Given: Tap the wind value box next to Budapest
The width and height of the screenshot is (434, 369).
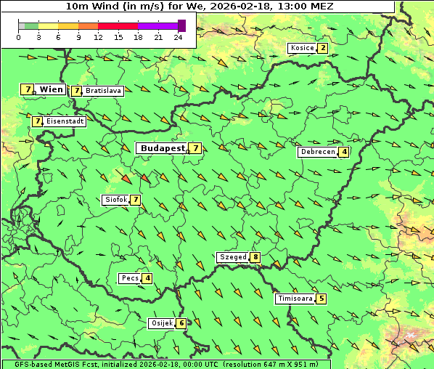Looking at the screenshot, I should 195,148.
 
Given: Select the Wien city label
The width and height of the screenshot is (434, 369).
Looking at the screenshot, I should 51,89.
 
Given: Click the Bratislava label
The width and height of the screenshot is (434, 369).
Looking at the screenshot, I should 102,91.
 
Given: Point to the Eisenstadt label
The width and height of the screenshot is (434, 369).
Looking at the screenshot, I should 65,121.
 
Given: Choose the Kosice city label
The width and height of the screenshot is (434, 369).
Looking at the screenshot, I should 302,48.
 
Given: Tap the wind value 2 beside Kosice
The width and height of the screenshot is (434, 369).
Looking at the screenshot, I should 322,48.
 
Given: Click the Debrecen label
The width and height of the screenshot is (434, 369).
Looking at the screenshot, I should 317,152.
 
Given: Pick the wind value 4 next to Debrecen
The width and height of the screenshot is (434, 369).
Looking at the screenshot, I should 344,152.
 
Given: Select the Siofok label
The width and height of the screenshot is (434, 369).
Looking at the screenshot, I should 116,200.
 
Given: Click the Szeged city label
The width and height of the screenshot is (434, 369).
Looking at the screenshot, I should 233,257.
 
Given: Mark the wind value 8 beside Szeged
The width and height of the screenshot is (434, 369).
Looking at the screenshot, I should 255,257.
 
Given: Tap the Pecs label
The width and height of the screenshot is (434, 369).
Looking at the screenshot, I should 131,278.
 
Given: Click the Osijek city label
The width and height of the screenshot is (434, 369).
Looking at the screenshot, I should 161,323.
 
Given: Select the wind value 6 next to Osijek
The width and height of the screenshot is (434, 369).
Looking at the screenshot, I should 181,323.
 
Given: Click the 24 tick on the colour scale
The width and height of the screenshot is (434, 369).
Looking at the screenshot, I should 178,36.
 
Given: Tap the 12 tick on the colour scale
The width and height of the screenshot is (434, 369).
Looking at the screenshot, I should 98,36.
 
